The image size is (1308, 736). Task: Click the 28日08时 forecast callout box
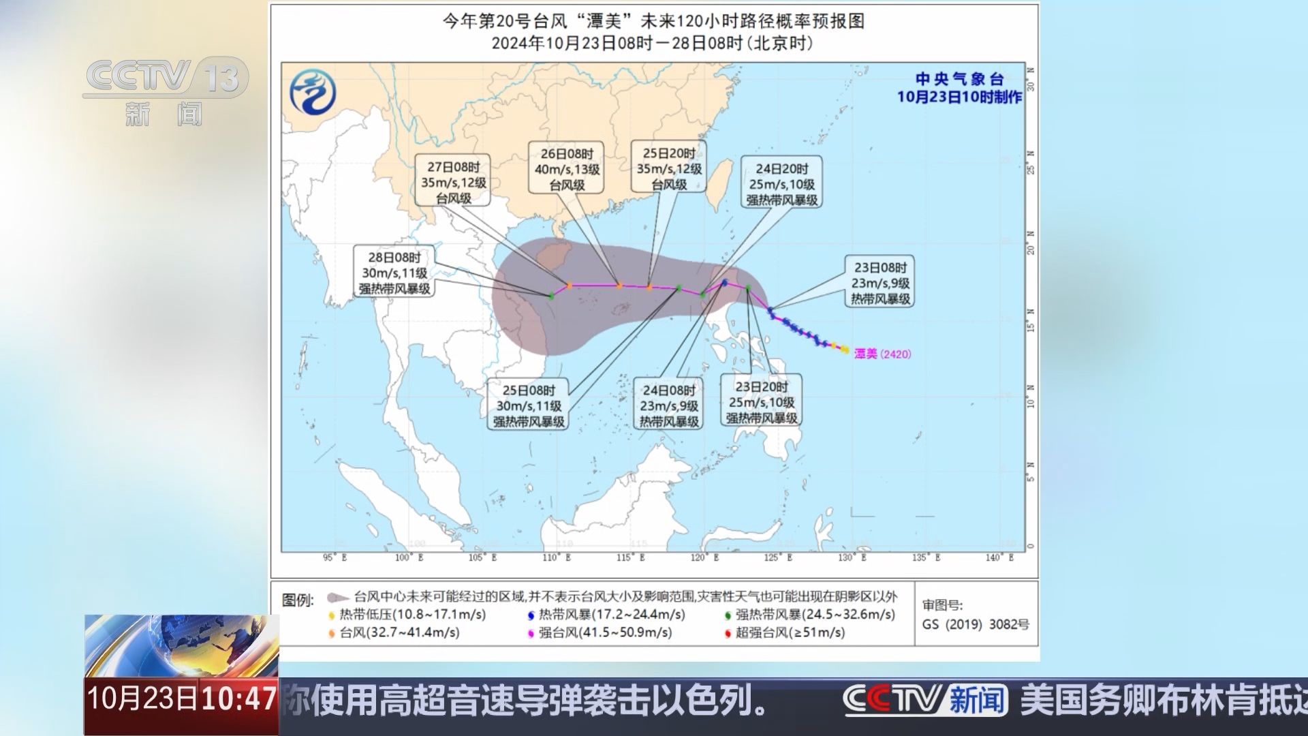[x=394, y=273]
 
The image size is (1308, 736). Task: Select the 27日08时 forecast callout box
[x=454, y=182]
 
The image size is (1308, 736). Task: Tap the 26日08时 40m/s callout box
[x=567, y=169]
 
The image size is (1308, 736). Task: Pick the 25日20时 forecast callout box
[x=669, y=168]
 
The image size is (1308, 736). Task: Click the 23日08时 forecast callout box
[x=880, y=283]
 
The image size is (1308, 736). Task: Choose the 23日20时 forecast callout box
[x=761, y=402]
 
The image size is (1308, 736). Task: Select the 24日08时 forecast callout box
[x=669, y=405]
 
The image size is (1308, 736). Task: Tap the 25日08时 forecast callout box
[x=529, y=405]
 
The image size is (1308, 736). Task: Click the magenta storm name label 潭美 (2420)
[x=882, y=354]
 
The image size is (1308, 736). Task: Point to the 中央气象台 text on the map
[x=959, y=79]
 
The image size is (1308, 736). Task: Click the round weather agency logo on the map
[x=313, y=92]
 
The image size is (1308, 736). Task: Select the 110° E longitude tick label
[x=557, y=557]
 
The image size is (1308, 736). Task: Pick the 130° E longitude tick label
[x=852, y=557]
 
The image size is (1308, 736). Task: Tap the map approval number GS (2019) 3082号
[x=975, y=624]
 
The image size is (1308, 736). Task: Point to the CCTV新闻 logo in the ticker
[x=925, y=700]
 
